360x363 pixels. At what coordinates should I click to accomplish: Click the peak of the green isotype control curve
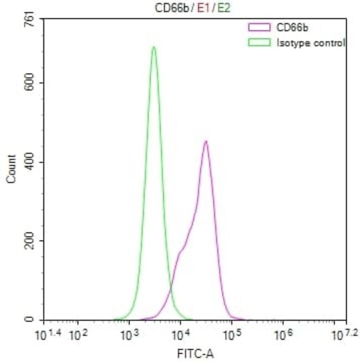pyautogui.click(x=153, y=48)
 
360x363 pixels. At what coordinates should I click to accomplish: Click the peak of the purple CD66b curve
pyautogui.click(x=205, y=142)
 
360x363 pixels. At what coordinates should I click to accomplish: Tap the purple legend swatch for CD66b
pyautogui.click(x=259, y=26)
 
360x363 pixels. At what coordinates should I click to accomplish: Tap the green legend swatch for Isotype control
pyautogui.click(x=259, y=42)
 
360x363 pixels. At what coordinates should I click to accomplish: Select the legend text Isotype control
pyautogui.click(x=311, y=42)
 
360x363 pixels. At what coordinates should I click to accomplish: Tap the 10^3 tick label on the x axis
pyautogui.click(x=128, y=334)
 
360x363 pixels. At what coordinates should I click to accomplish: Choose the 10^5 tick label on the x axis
pyautogui.click(x=232, y=334)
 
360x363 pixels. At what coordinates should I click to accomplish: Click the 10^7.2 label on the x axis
pyautogui.click(x=343, y=334)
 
